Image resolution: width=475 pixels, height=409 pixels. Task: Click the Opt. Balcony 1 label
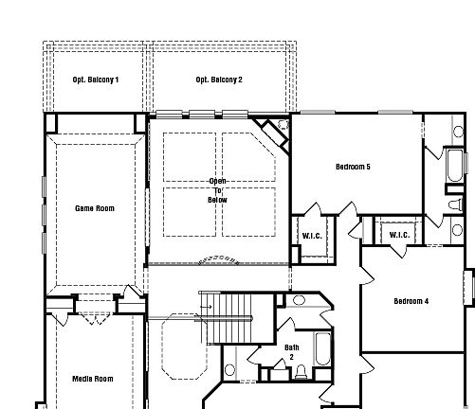click(96, 80)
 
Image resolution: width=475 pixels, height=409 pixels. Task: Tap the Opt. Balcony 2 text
click(219, 80)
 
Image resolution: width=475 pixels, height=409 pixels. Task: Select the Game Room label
click(95, 208)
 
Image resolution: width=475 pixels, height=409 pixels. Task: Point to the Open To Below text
click(218, 190)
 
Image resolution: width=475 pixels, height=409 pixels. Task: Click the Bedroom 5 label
click(353, 168)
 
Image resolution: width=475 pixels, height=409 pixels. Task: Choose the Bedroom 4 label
click(411, 301)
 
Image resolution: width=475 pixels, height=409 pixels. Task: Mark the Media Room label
click(93, 379)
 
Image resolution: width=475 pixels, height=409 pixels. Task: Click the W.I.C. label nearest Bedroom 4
click(399, 235)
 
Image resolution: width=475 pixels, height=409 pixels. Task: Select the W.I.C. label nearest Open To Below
click(314, 236)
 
